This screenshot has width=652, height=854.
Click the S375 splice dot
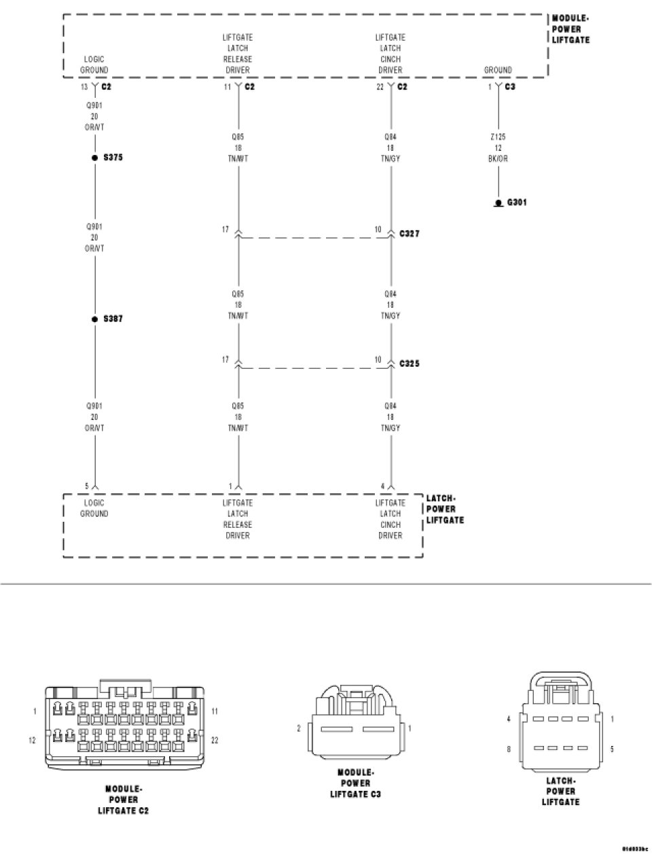click(95, 158)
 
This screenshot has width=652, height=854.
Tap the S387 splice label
click(113, 318)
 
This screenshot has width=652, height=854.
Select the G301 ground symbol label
click(515, 202)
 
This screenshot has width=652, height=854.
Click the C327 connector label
click(409, 234)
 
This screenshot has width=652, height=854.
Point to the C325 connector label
click(409, 363)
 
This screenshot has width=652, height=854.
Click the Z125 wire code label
click(498, 137)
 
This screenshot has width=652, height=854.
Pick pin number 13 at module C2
click(84, 87)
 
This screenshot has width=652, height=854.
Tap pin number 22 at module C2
click(380, 87)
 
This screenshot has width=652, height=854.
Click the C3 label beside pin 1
click(510, 87)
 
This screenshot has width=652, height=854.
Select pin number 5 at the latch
click(86, 486)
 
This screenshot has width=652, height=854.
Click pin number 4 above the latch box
click(382, 486)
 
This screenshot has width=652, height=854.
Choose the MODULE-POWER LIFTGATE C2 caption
click(123, 800)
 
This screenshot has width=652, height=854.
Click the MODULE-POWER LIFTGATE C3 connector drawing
click(355, 727)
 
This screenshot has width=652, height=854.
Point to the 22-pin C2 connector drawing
click(124, 727)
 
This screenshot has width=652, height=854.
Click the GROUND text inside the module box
click(498, 70)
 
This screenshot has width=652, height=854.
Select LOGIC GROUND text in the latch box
click(94, 508)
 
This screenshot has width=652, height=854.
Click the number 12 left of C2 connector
click(32, 740)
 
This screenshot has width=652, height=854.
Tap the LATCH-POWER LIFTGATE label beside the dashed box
click(445, 509)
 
